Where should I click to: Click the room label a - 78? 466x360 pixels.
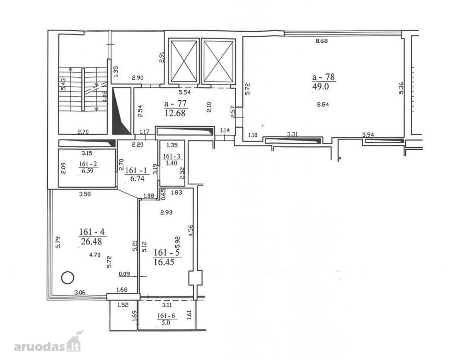[x=323, y=77]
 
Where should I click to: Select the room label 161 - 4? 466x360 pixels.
[x=92, y=232]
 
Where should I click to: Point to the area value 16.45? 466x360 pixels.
[x=163, y=262]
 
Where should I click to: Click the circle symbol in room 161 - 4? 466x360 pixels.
[x=68, y=278]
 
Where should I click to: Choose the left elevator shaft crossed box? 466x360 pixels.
[x=184, y=61]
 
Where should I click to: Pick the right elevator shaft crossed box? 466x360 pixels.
[x=218, y=61]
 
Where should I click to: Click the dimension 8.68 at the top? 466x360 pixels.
[x=321, y=41]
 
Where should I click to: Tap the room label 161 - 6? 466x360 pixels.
[x=165, y=316]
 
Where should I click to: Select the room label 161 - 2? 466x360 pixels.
[x=88, y=164]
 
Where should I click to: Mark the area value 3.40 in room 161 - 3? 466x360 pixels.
[x=171, y=163]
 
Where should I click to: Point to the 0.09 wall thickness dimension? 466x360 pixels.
[x=124, y=274]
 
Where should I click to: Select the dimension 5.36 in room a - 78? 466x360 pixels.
[x=401, y=88]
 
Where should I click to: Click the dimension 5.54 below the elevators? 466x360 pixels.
[x=184, y=92]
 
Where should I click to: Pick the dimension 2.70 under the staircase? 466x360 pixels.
[x=84, y=132]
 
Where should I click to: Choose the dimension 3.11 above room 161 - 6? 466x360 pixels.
[x=167, y=305]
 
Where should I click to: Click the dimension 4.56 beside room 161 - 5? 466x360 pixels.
[x=191, y=231]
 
